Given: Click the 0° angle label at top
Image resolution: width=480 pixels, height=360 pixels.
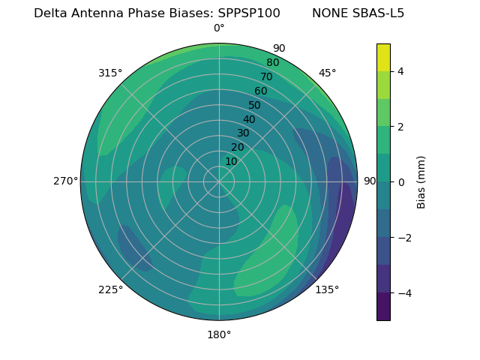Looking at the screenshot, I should [219, 28].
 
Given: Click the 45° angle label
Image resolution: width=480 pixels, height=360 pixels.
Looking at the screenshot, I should [327, 73].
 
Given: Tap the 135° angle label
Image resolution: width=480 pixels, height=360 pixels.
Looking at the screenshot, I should [327, 289].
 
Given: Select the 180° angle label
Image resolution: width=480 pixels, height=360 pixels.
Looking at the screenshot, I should [219, 334].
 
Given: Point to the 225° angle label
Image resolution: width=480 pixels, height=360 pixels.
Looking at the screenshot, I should [110, 289].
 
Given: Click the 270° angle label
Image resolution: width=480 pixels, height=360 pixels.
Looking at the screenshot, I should [65, 181].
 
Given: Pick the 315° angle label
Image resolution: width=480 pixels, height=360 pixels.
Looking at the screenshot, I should [110, 73].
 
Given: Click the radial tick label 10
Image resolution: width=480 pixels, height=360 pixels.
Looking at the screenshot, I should [231, 161].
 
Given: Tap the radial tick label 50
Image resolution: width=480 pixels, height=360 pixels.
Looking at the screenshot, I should [255, 105].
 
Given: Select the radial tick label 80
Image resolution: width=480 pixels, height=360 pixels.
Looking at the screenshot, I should [273, 62].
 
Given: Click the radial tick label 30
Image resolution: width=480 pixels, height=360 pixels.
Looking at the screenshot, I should [243, 133].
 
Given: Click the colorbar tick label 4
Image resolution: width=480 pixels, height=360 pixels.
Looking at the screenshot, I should [400, 71].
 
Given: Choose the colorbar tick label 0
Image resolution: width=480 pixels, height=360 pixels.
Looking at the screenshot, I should [400, 182].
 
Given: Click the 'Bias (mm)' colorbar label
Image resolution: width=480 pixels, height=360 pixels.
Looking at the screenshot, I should [421, 181].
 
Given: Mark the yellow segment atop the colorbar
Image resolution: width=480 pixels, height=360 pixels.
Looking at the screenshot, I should [383, 57].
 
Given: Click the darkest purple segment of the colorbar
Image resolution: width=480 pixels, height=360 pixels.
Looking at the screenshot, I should [383, 307].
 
